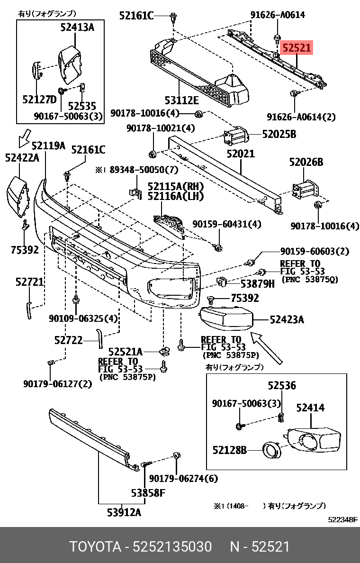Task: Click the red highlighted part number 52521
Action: [297, 48]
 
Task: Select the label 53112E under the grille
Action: [181, 100]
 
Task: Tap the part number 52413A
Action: [77, 27]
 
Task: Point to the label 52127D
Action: [39, 99]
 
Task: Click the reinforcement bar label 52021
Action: [240, 154]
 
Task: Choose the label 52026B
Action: [306, 163]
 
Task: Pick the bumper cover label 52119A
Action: [48, 145]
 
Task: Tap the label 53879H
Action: [257, 284]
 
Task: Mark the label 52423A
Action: [287, 320]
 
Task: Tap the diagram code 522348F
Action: [343, 519]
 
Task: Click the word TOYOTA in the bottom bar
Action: [95, 547]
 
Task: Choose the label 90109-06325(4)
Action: [83, 318]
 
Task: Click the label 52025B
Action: [279, 135]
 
